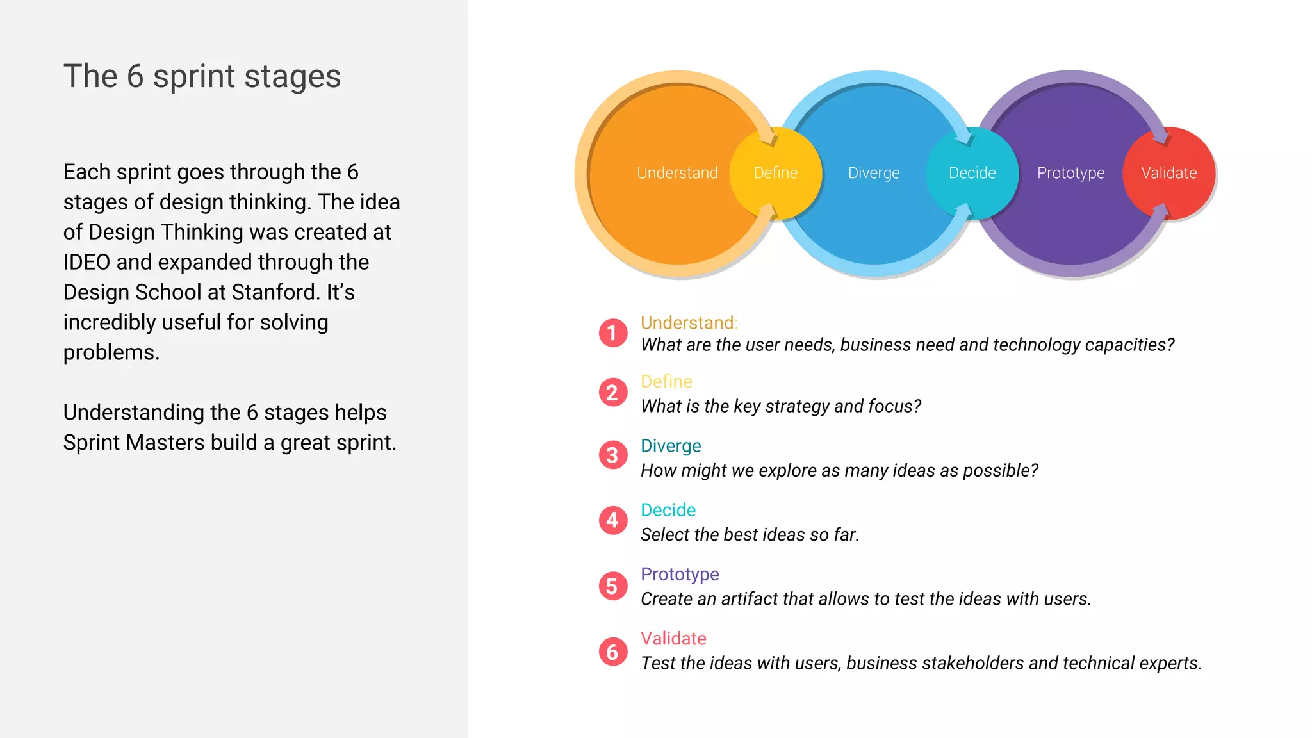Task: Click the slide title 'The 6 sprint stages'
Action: tap(202, 77)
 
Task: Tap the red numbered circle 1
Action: tap(613, 333)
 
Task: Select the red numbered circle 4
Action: tap(613, 520)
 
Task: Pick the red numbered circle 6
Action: tap(613, 652)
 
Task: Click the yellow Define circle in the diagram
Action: tap(776, 173)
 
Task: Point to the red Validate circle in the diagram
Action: tap(1169, 173)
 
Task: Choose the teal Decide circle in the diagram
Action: tap(972, 173)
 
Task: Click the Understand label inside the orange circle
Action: tap(677, 173)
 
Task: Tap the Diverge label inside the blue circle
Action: tap(874, 173)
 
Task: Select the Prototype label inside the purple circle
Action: tap(1070, 173)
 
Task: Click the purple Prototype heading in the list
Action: tap(680, 574)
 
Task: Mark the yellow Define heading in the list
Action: tap(666, 382)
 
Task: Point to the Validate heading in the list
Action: tap(673, 639)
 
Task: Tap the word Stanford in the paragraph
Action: tap(275, 293)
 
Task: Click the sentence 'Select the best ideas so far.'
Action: tap(750, 535)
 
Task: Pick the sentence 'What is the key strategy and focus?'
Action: tap(781, 406)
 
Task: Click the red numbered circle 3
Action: tap(613, 455)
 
